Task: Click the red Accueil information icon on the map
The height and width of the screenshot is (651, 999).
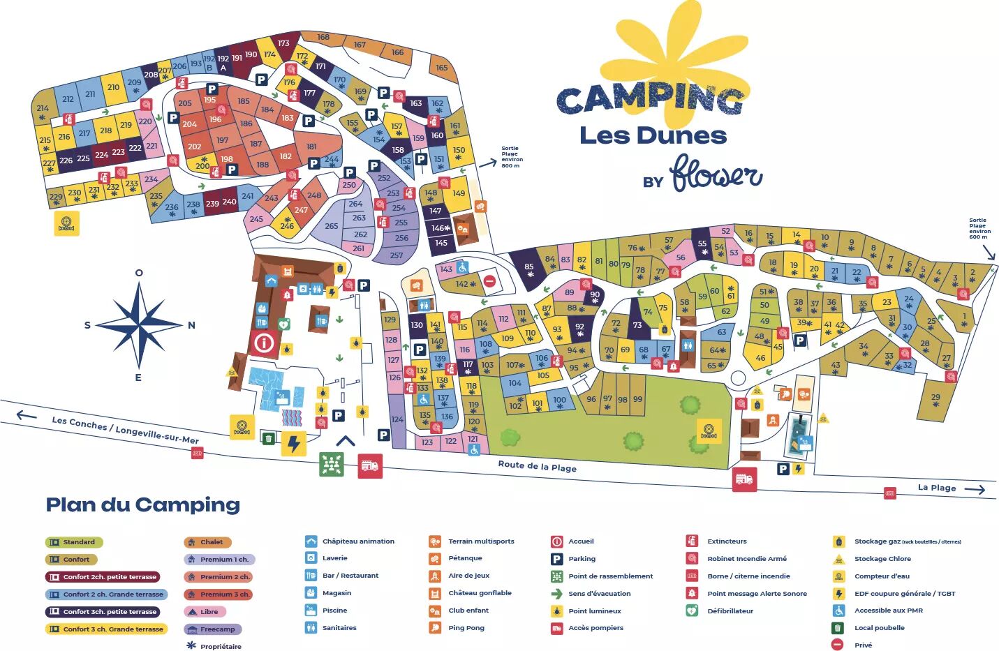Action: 264,343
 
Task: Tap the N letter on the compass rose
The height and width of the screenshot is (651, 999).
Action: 191,325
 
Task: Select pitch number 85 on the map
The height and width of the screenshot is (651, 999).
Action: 529,267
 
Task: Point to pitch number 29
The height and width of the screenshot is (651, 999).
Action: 935,398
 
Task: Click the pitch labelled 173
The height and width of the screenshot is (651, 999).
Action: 283,43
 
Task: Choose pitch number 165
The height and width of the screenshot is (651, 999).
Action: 442,68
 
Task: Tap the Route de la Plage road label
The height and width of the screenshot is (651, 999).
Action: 537,466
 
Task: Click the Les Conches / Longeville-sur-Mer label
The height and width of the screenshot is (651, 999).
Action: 125,430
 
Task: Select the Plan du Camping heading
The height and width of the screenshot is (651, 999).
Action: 143,504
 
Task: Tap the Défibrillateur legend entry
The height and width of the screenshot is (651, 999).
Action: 730,611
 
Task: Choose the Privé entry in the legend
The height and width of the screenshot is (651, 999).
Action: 863,645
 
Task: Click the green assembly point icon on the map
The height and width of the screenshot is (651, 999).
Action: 332,464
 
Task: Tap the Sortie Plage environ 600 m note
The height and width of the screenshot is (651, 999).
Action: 979,228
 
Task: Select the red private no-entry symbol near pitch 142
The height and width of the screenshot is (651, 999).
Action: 489,281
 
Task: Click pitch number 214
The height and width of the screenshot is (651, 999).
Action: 43,109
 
